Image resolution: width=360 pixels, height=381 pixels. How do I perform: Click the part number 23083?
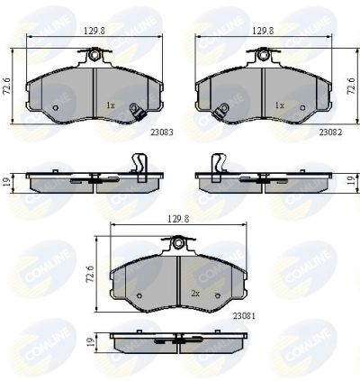162,132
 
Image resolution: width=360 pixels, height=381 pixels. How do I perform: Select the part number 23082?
330,132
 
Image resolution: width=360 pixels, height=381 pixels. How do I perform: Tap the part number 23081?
244,316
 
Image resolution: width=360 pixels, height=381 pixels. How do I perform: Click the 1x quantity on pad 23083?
111,105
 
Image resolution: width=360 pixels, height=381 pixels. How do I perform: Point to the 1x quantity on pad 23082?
279,105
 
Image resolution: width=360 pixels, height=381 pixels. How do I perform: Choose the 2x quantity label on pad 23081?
195,294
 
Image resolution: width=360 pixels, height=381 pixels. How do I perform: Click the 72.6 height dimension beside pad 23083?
6,86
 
